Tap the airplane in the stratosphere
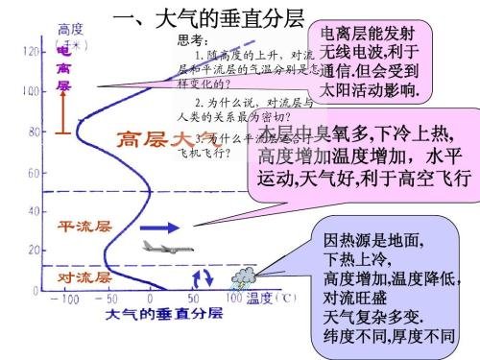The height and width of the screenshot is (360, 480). (x=161, y=247)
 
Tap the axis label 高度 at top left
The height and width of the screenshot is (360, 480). (x=71, y=29)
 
